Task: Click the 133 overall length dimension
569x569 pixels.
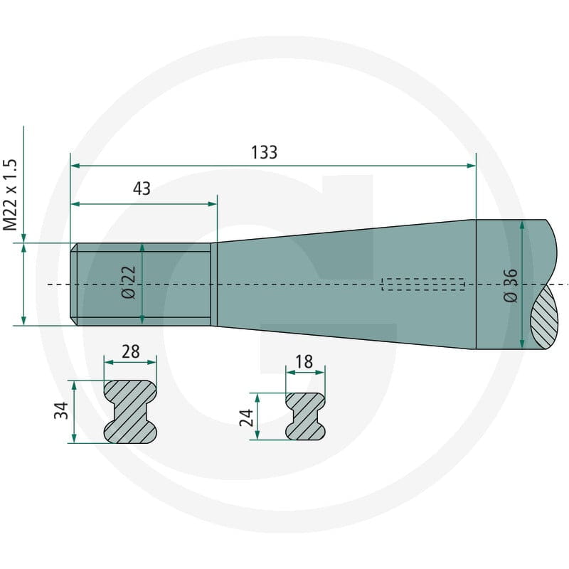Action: tap(264, 152)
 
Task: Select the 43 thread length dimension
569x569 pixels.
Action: tap(142, 188)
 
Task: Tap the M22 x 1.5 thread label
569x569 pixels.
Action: tap(10, 194)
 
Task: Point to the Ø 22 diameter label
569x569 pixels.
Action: tap(129, 282)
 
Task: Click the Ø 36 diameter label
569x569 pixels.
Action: tap(511, 285)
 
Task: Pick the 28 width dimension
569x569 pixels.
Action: tap(131, 351)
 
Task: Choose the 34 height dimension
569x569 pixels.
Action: tap(61, 410)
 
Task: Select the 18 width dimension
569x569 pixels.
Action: tap(304, 362)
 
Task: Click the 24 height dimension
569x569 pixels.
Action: tap(247, 418)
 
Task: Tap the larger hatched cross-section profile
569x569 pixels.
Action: tap(131, 412)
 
